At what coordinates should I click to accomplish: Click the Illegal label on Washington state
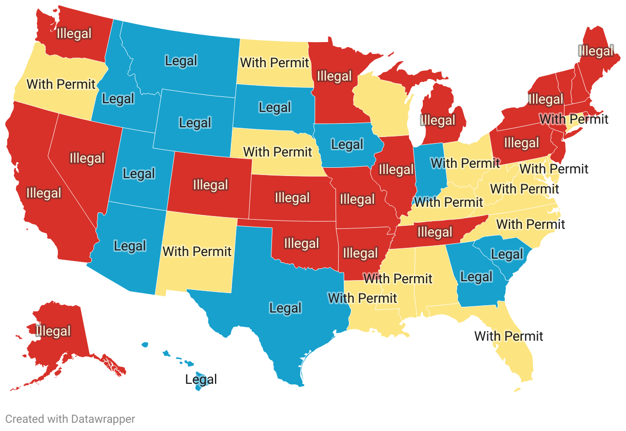pos(74,34)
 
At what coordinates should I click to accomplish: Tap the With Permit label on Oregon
pos(61,84)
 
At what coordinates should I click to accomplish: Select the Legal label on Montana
pos(181,61)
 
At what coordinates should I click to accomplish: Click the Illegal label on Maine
pos(596,51)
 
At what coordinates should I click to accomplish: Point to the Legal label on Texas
pos(285,308)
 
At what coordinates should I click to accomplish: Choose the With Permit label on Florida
pos(508,336)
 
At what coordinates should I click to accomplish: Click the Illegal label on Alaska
pos(53,331)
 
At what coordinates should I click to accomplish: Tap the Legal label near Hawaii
pos(201,379)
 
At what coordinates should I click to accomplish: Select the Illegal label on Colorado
pos(210,184)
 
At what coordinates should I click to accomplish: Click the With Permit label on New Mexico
pos(197,251)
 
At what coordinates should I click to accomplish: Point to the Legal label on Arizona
pos(130,246)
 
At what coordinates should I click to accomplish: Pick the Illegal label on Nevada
pos(87,158)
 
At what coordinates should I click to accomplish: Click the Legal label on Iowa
pos(347,145)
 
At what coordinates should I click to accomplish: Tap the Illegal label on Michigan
pos(438,121)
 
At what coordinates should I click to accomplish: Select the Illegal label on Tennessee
pos(435,232)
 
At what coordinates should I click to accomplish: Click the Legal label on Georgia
pos(476,277)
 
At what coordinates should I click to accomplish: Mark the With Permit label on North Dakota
pos(275,63)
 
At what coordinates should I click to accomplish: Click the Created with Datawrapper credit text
pos(70,419)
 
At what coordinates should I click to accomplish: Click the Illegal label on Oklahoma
pos(302,243)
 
